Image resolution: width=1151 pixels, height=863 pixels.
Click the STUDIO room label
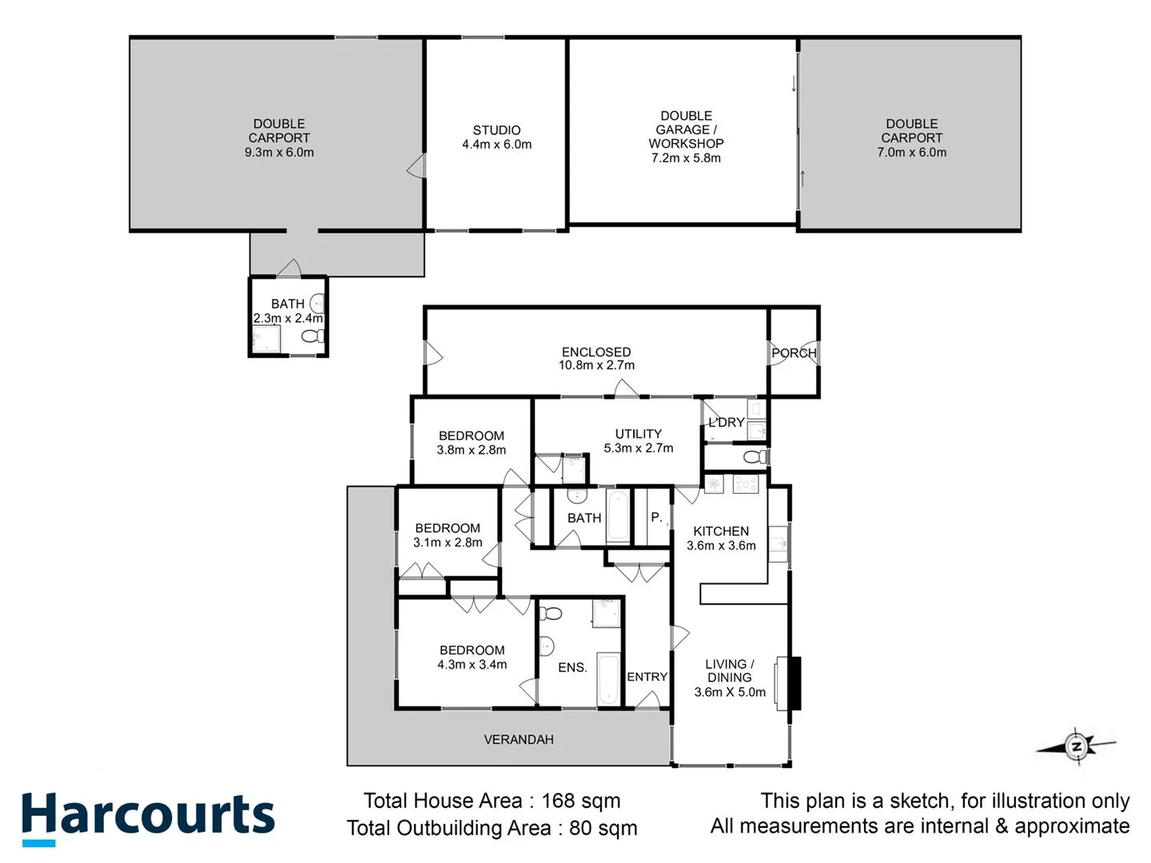pyautogui.click(x=496, y=130)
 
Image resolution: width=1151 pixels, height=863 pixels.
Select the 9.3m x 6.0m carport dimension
pyautogui.click(x=279, y=152)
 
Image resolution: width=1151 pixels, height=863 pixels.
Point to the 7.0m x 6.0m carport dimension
pyautogui.click(x=911, y=152)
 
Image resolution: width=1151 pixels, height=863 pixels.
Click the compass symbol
pyautogui.click(x=1077, y=747)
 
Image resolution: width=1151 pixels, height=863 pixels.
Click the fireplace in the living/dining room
pyautogui.click(x=792, y=682)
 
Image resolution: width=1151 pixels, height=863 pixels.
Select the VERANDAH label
pyautogui.click(x=519, y=740)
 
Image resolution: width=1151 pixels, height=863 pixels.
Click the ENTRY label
pyautogui.click(x=647, y=677)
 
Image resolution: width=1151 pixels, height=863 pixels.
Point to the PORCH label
pyautogui.click(x=794, y=352)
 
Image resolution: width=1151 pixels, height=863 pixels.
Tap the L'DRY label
pyautogui.click(x=727, y=422)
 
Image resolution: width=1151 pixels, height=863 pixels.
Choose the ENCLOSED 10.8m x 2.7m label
pyautogui.click(x=596, y=358)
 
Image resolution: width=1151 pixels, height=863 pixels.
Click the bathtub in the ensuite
pyautogui.click(x=609, y=680)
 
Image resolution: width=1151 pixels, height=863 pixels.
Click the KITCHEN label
pyautogui.click(x=721, y=531)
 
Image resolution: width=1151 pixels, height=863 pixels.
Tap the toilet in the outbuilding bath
pyautogui.click(x=313, y=336)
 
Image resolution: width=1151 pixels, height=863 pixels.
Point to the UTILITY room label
pyautogui.click(x=638, y=434)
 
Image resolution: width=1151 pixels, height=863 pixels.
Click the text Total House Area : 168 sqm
pyautogui.click(x=492, y=801)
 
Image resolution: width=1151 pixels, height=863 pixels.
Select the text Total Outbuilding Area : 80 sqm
pyautogui.click(x=492, y=828)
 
